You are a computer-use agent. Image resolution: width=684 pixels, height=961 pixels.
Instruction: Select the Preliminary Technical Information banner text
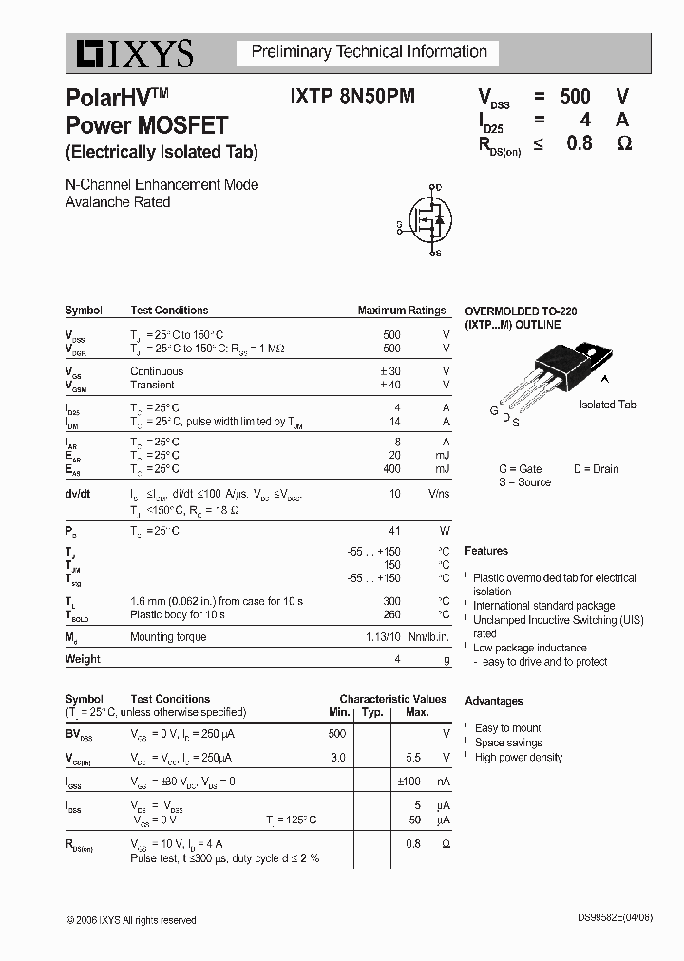(x=369, y=52)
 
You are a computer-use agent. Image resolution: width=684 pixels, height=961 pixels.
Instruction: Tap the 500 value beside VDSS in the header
(x=575, y=96)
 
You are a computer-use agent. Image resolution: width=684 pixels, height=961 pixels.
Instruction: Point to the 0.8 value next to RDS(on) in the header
(x=579, y=143)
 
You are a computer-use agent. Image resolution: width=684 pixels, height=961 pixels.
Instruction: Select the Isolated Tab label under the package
(x=607, y=405)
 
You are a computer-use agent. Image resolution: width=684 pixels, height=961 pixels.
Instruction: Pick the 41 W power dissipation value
(x=394, y=531)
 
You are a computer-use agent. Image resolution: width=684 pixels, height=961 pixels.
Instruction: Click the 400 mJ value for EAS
(x=391, y=469)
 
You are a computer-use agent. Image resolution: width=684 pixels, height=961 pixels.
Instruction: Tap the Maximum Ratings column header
(x=401, y=311)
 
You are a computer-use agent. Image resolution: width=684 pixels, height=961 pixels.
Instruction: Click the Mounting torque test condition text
(x=168, y=637)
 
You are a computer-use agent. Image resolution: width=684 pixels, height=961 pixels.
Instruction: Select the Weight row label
(x=83, y=659)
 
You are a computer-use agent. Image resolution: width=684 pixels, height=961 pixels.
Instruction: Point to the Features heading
(x=486, y=551)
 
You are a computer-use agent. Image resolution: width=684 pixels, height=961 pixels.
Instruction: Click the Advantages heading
(x=493, y=701)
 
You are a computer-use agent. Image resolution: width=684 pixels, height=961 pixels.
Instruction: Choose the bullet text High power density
(x=519, y=757)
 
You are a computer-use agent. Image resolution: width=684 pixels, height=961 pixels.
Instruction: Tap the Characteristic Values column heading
(x=392, y=699)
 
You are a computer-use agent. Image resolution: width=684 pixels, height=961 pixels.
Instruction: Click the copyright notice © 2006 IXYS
(x=131, y=920)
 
